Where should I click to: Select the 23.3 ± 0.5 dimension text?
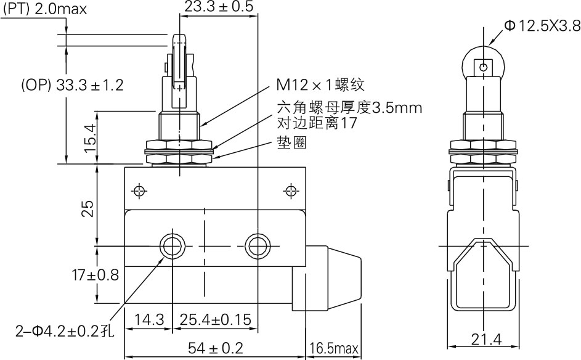(x=219, y=7)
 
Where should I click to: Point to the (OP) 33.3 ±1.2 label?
(x=72, y=85)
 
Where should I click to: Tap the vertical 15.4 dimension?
(x=90, y=137)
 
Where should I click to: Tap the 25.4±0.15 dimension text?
(x=217, y=320)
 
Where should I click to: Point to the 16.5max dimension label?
(x=334, y=349)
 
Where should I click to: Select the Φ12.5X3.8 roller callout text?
(x=542, y=25)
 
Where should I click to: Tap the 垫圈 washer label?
(x=290, y=143)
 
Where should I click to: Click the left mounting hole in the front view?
(x=170, y=246)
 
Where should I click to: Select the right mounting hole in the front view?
(x=255, y=246)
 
